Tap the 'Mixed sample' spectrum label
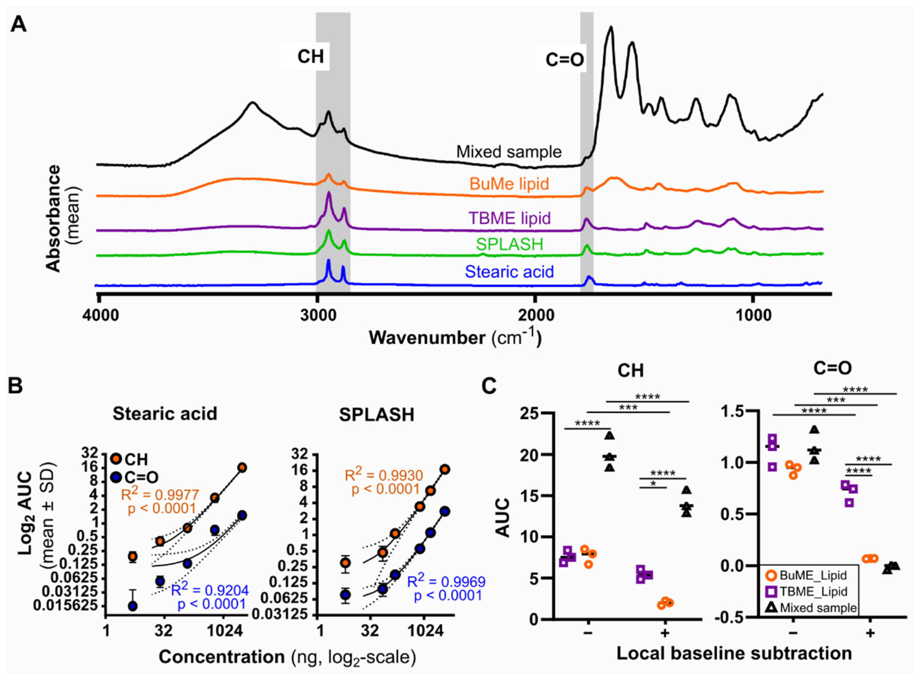tap(509, 152)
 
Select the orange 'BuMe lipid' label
tap(509, 184)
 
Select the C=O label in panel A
tap(564, 60)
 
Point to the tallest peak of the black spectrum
tap(611, 28)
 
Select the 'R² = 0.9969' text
tap(446, 581)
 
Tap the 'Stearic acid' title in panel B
tap(165, 414)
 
